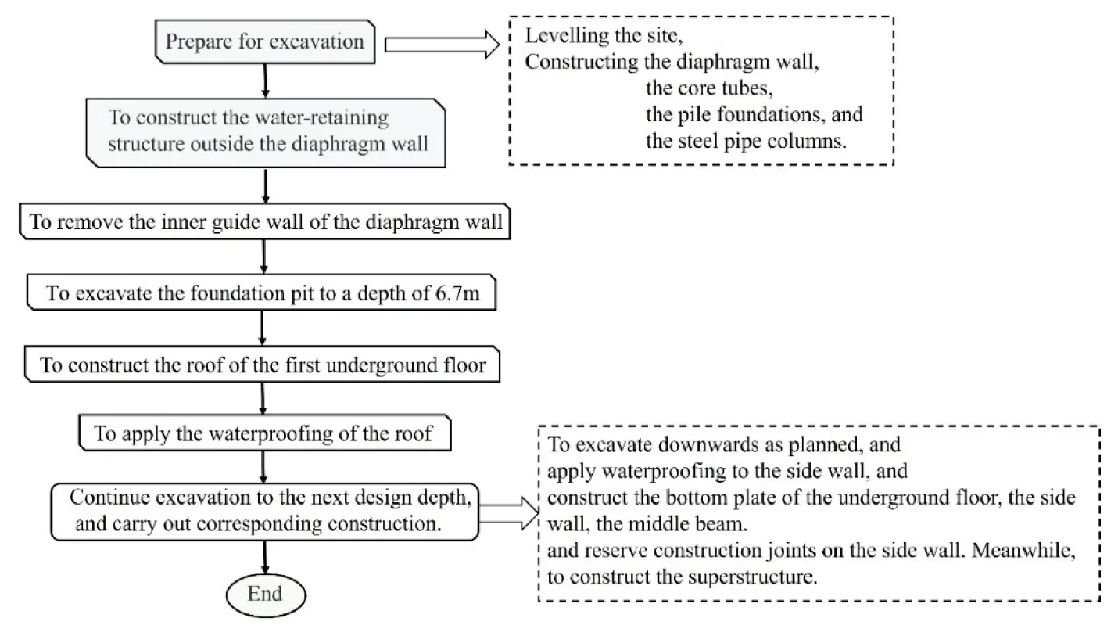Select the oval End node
point(264,594)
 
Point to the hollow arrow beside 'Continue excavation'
point(507,515)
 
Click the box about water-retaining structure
point(267,131)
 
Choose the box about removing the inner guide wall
point(265,223)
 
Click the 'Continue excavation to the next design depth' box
point(265,511)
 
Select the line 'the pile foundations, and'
point(754,115)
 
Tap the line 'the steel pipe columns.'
point(747,142)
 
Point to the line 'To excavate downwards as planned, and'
point(724,445)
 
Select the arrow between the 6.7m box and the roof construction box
point(263,329)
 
